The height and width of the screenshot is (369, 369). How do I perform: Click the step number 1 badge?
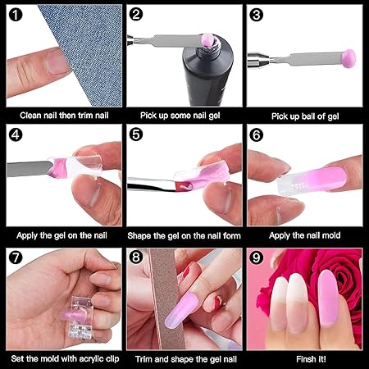coord(16,15)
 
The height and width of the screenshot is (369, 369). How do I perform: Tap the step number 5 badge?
coord(136,134)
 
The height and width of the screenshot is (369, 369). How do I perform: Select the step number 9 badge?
coord(256,257)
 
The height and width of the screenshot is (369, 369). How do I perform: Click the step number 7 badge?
coord(16,257)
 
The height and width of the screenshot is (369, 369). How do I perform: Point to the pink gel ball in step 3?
coord(348,57)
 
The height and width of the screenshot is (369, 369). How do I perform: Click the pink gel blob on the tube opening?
coord(207,39)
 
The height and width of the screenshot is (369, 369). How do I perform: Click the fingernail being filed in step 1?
coord(57,62)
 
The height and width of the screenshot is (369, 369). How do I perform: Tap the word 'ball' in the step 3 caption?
coord(310,116)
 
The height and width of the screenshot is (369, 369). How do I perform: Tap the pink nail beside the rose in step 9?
coord(329,298)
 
